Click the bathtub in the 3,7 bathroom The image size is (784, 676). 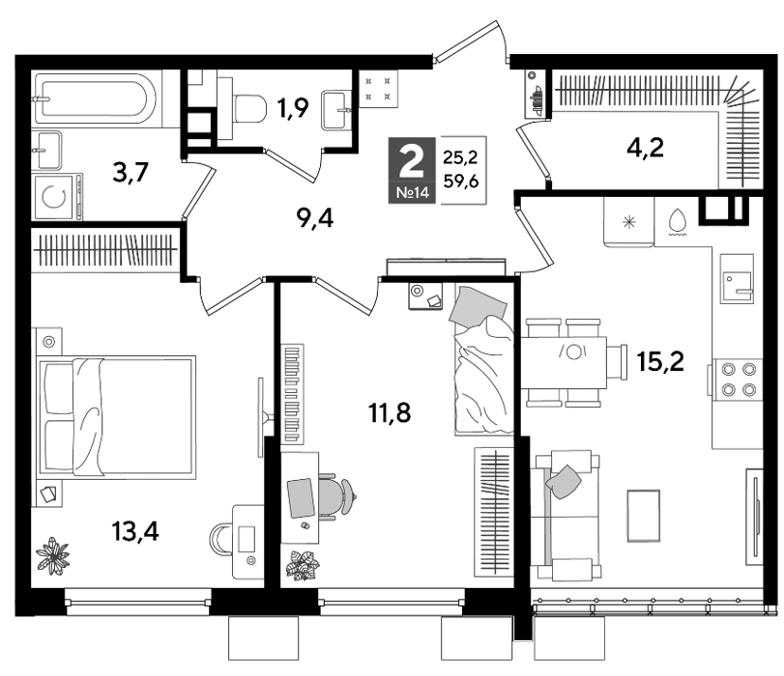click(x=95, y=98)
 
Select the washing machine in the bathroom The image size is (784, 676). click(x=56, y=197)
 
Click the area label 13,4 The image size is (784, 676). click(x=135, y=531)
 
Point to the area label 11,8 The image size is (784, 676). click(x=390, y=412)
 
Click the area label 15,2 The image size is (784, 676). click(x=660, y=361)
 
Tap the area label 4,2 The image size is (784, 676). click(x=645, y=148)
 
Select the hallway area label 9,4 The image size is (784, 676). click(x=315, y=218)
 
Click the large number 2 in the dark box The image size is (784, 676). click(x=412, y=160)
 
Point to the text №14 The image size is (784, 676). click(x=413, y=192)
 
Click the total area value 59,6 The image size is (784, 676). click(x=461, y=181)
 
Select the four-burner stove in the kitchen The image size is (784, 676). click(x=737, y=380)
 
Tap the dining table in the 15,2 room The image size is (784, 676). click(x=564, y=363)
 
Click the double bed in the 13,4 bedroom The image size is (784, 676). click(x=117, y=417)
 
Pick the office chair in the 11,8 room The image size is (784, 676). click(x=336, y=496)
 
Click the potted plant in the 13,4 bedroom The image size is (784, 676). click(x=52, y=555)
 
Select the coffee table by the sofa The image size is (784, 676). click(x=644, y=516)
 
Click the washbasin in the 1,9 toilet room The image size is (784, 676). click(x=336, y=109)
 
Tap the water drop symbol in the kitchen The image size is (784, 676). click(x=677, y=220)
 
